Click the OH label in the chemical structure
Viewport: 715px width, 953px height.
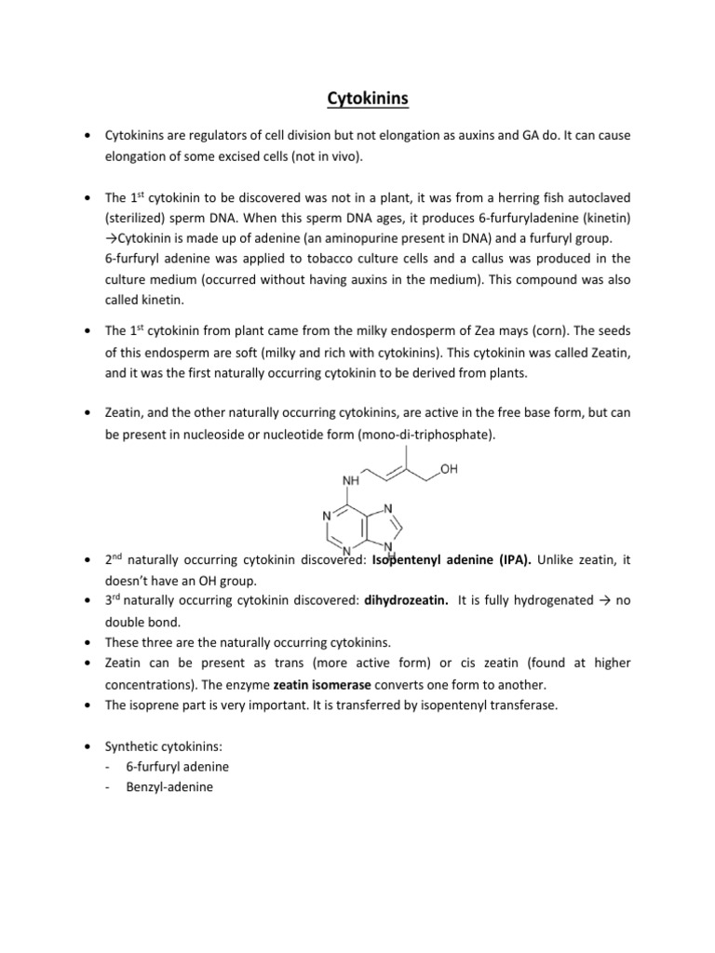[449, 471]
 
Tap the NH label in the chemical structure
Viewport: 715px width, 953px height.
[352, 482]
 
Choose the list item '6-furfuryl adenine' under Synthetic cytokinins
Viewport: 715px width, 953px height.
[178, 766]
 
